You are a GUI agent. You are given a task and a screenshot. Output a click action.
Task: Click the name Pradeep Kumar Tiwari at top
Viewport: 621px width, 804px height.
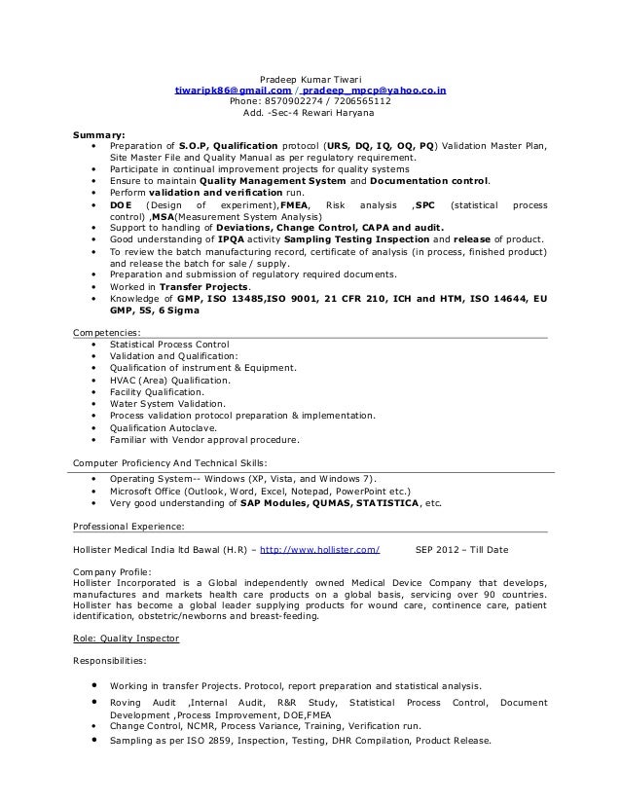310,79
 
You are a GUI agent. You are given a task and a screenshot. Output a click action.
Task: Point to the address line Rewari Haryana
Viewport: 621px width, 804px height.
310,113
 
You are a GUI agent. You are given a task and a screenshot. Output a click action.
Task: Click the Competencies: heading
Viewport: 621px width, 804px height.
107,333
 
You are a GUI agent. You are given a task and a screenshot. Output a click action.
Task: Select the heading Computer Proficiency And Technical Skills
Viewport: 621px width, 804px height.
171,462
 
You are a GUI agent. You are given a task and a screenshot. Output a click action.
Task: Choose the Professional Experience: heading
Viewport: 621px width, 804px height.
129,527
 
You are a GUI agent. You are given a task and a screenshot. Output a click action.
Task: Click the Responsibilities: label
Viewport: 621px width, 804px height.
110,660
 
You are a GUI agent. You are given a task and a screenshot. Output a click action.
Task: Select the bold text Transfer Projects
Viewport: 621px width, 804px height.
204,288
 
